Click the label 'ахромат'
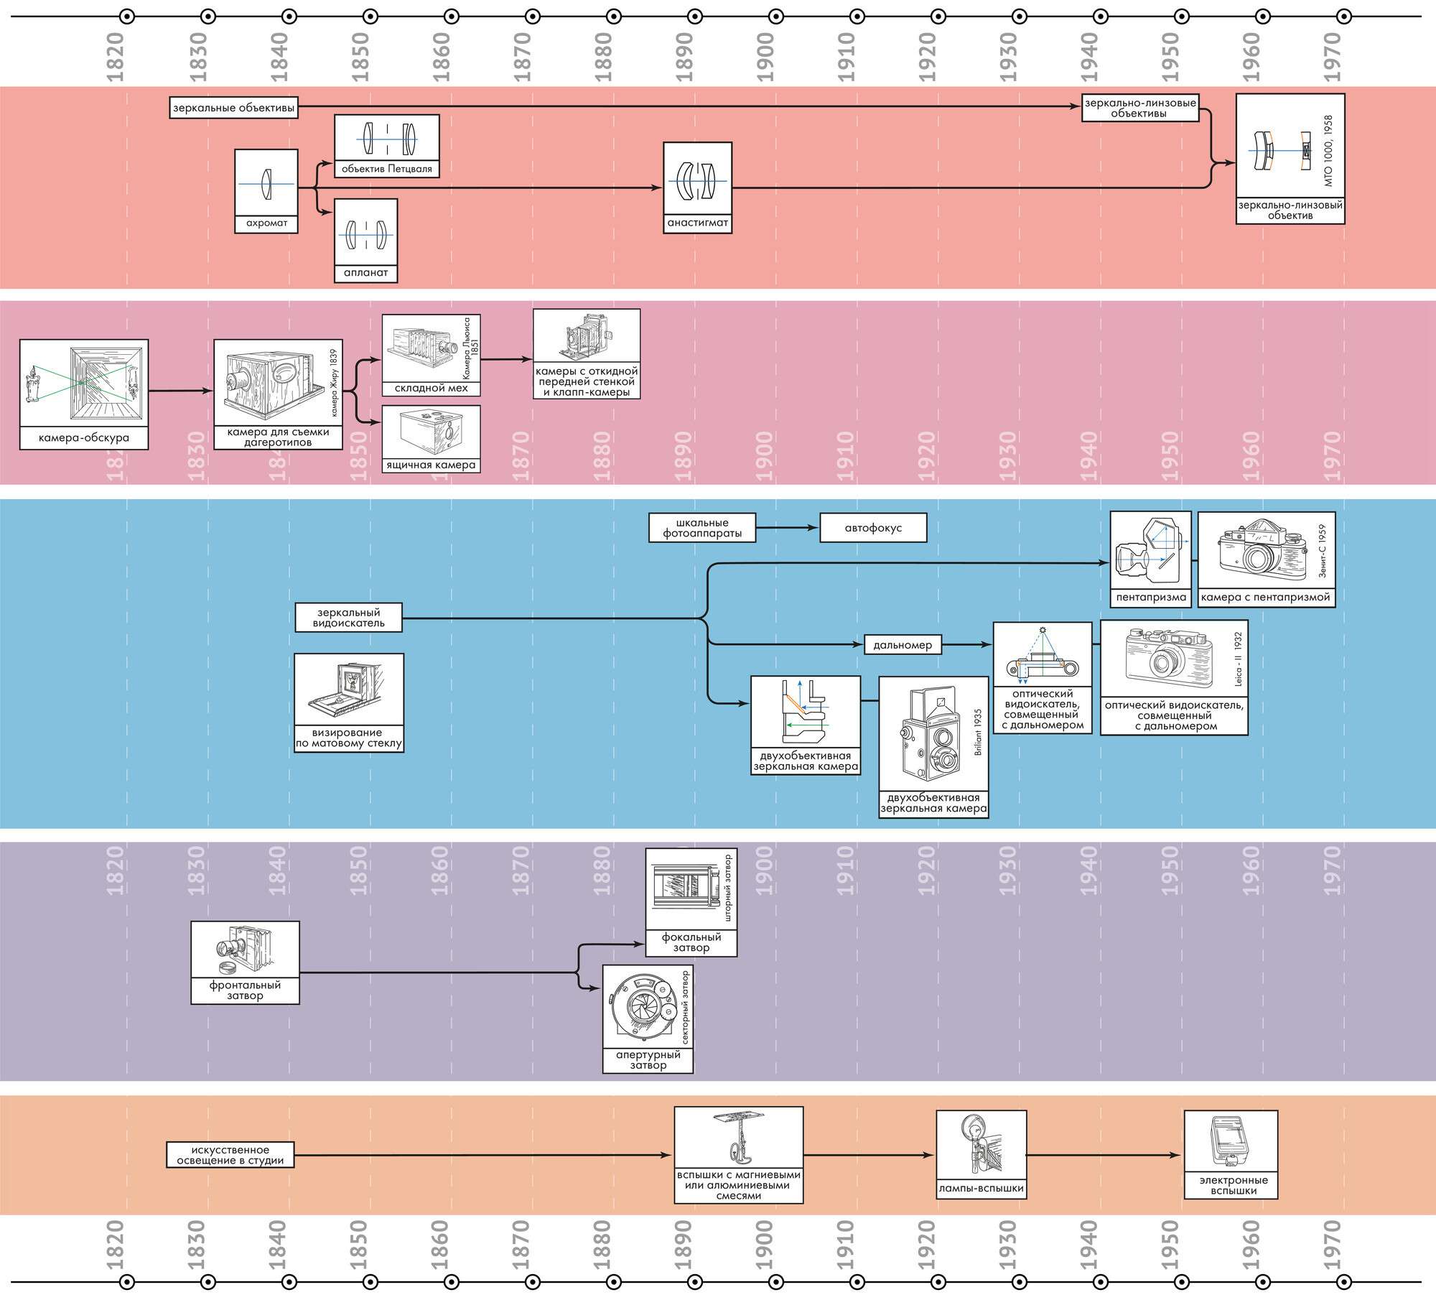266,223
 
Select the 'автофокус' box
872,528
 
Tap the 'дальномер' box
903,645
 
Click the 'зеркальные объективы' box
234,108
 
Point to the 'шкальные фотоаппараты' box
702,528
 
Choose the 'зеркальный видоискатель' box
348,618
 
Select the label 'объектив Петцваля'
387,170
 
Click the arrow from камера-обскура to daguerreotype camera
181,391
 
